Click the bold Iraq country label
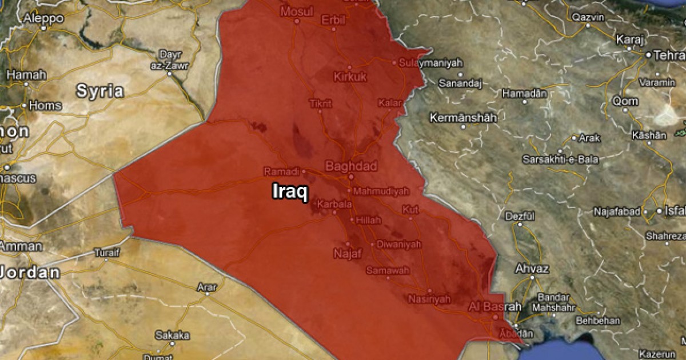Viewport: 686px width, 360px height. click(290, 190)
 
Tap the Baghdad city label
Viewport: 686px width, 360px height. click(350, 166)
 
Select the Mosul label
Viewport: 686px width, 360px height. click(297, 11)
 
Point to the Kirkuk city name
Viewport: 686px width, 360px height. click(350, 77)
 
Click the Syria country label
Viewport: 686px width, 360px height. click(100, 90)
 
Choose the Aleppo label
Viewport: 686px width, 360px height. click(43, 18)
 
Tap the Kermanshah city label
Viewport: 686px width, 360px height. click(463, 118)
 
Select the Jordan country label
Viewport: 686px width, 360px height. click(30, 272)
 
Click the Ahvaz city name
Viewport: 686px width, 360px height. click(532, 269)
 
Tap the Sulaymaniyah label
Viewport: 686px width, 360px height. click(430, 63)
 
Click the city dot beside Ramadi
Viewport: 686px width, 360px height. click(304, 171)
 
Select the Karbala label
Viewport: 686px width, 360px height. click(334, 204)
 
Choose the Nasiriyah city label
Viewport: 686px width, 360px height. click(429, 299)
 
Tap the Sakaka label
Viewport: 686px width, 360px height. click(172, 335)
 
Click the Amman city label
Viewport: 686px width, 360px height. click(21, 246)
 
